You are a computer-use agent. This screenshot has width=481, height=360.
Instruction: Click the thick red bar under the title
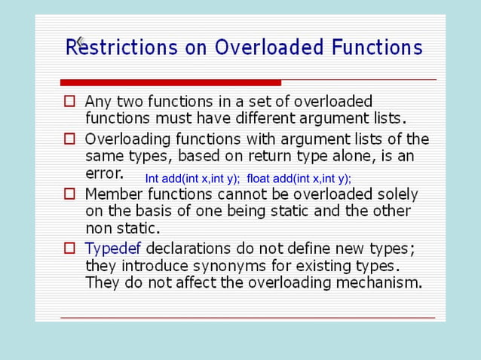point(170,82)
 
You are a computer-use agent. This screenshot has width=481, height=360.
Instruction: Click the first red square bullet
point(69,100)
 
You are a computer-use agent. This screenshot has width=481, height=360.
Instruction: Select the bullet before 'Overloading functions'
point(69,139)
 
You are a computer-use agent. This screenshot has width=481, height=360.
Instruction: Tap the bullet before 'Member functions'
point(69,194)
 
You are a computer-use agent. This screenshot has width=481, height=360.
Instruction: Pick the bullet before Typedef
point(69,248)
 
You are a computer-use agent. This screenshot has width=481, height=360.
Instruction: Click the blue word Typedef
point(113,249)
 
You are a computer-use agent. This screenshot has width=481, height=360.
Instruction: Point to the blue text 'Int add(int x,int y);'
point(192,178)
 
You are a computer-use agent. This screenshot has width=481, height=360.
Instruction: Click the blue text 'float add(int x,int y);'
point(299,178)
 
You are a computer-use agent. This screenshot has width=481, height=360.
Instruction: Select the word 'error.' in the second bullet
point(104,174)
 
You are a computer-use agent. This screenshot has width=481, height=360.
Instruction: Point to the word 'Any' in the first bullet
point(97,101)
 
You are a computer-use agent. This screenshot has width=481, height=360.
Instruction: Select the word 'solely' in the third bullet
point(397,194)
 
